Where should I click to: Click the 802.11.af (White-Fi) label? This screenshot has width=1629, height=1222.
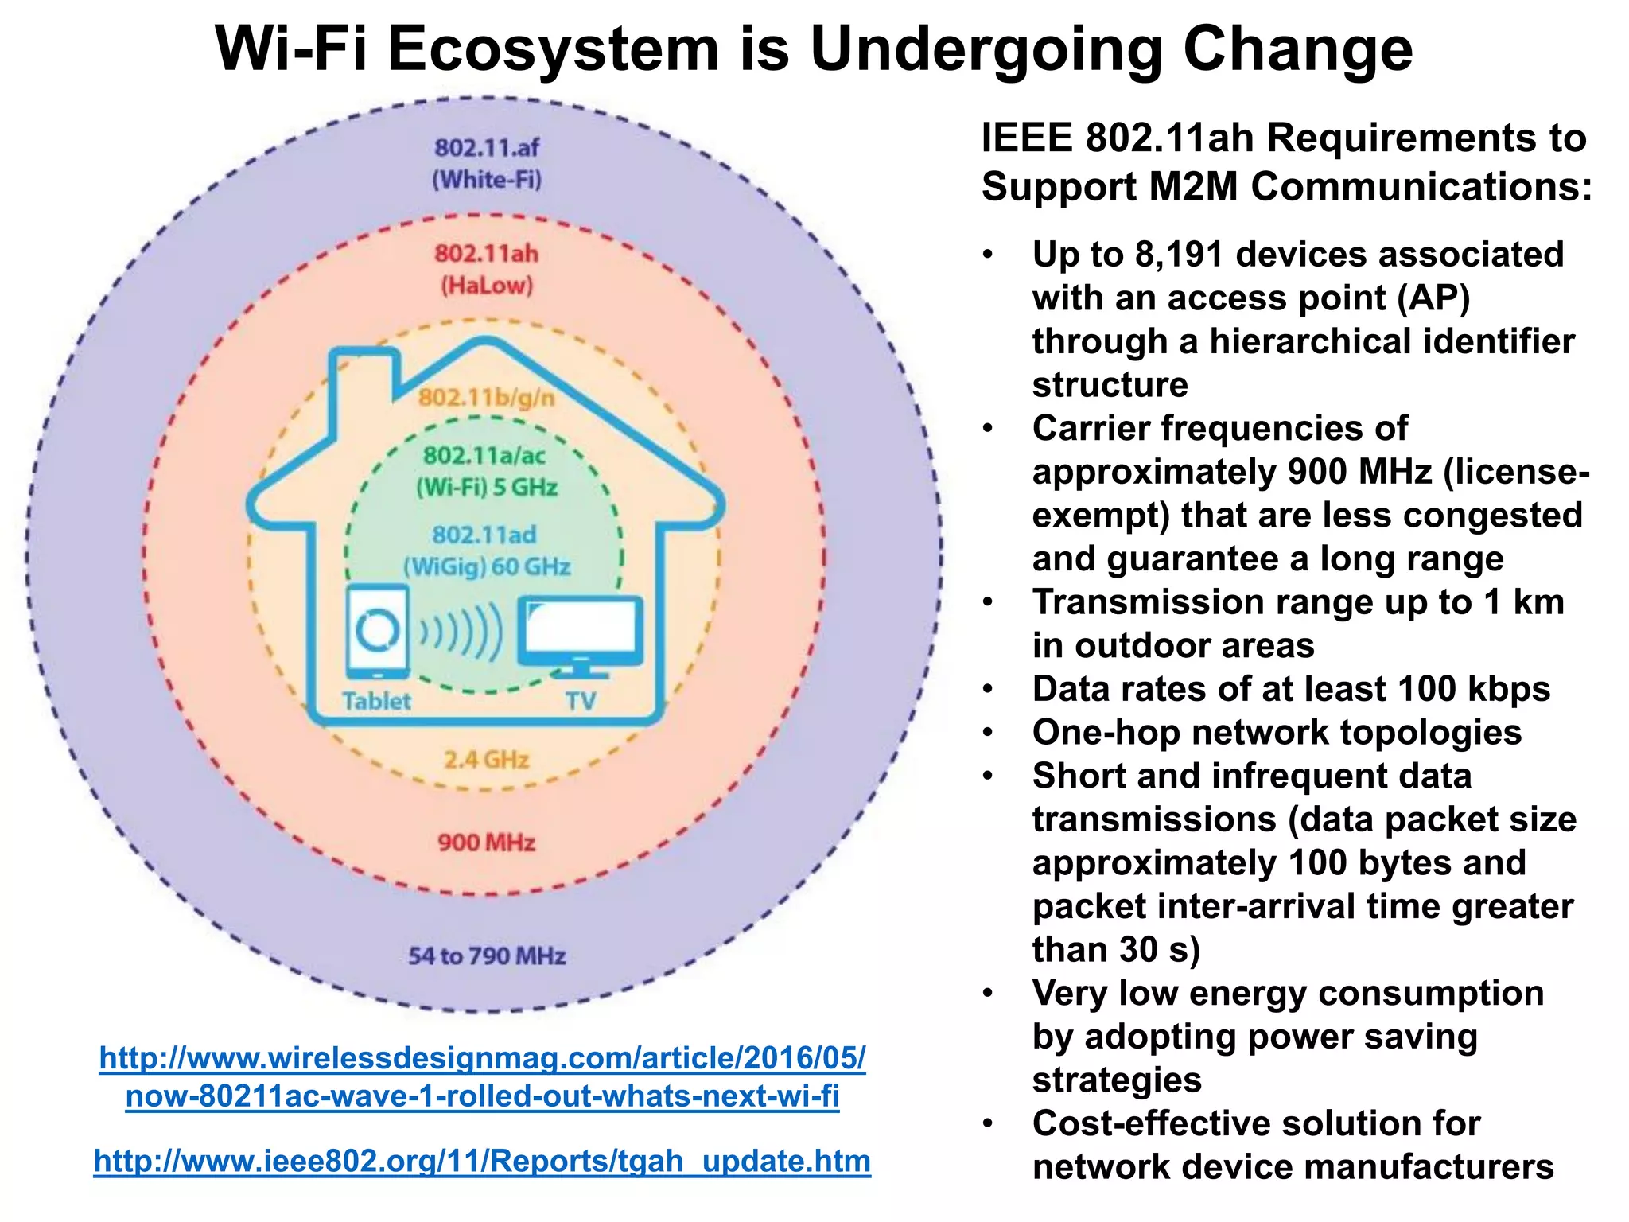pyautogui.click(x=487, y=163)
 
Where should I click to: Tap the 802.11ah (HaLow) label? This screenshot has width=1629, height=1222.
pyautogui.click(x=487, y=269)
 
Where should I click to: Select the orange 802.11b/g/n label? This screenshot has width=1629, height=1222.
pyautogui.click(x=487, y=397)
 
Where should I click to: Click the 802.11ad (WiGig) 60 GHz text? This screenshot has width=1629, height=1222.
pyautogui.click(x=486, y=551)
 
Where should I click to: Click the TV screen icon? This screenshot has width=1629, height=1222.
pyautogui.click(x=580, y=630)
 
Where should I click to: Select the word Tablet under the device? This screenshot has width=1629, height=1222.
pyautogui.click(x=376, y=701)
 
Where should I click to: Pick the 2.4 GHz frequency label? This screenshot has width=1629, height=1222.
pyautogui.click(x=486, y=760)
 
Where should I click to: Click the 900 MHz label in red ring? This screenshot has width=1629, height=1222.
pyautogui.click(x=486, y=842)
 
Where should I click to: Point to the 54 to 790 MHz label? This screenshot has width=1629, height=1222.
pyautogui.click(x=487, y=955)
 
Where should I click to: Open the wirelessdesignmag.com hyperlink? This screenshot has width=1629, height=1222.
pyautogui.click(x=482, y=1076)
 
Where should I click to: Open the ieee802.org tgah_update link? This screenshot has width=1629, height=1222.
pyautogui.click(x=482, y=1161)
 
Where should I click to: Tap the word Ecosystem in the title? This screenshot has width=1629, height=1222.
pyautogui.click(x=554, y=49)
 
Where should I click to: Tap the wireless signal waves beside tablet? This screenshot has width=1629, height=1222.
pyautogui.click(x=461, y=632)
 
